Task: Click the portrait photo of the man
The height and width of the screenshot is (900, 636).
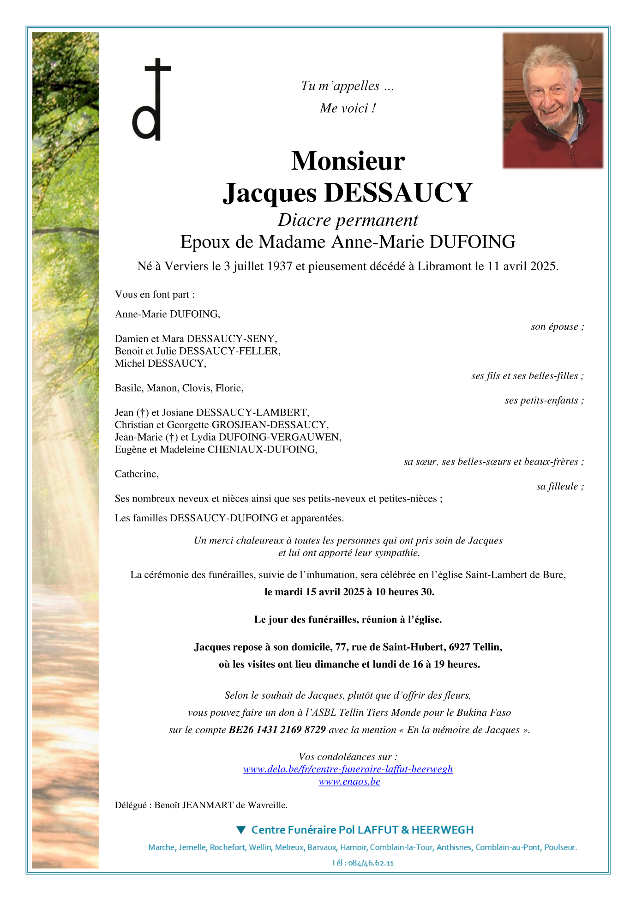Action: tap(552, 100)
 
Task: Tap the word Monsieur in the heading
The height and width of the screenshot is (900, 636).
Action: tap(348, 161)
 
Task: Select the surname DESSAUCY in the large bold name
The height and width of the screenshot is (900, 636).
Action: tap(399, 193)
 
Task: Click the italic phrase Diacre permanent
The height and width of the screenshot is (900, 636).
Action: tap(348, 220)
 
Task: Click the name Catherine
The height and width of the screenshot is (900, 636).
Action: tap(137, 474)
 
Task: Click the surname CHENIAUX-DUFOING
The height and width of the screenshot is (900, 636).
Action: tap(262, 450)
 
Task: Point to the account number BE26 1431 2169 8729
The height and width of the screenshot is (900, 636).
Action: tap(277, 730)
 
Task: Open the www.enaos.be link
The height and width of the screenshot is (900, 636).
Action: tap(349, 782)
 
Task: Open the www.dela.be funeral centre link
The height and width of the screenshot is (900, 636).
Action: tap(348, 769)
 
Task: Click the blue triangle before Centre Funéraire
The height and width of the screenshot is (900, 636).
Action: tap(240, 830)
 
